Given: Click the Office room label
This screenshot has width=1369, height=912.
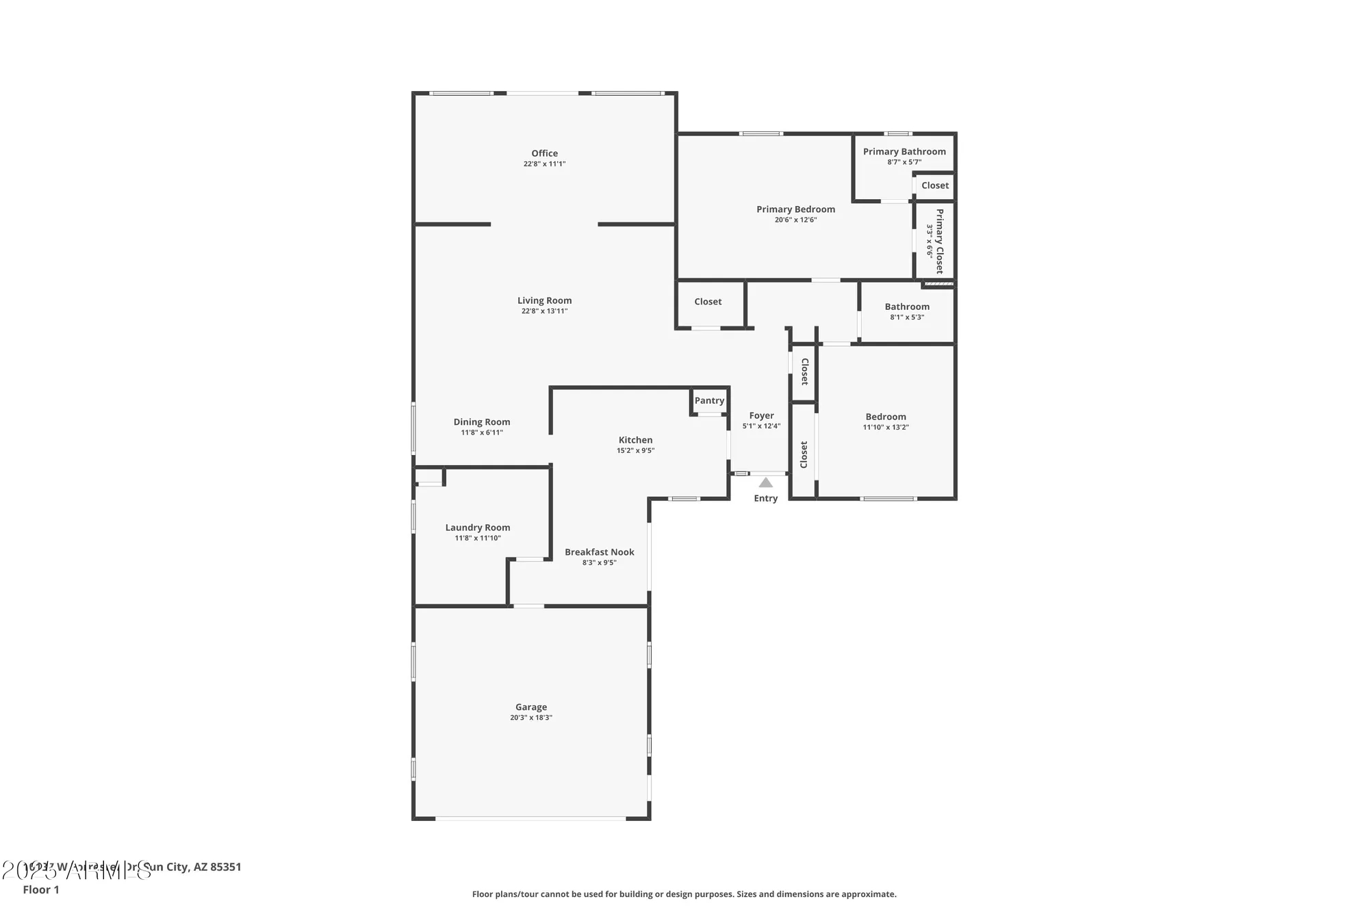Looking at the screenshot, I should (x=544, y=153).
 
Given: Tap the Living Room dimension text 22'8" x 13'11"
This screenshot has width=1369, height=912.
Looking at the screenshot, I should (x=544, y=311).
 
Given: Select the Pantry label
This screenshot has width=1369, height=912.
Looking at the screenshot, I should (x=709, y=401).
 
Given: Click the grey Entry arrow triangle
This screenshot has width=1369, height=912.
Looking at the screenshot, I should (x=765, y=483).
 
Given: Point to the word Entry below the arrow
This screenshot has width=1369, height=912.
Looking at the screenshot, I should (x=765, y=499).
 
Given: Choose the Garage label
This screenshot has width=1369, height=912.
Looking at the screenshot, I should (x=530, y=707).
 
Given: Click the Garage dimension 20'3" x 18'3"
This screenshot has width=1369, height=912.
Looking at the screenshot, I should (x=530, y=718).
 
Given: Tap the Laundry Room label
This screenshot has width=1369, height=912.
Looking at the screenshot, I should (x=477, y=527).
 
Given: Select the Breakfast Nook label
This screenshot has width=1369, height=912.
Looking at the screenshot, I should (x=599, y=552).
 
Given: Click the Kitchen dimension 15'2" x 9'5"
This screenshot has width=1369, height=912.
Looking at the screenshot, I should (x=635, y=451).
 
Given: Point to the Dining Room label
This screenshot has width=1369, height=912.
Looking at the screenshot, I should (x=481, y=422).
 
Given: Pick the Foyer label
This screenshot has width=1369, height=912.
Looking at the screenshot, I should (x=761, y=416).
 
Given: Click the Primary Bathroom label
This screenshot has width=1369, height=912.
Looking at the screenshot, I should (x=904, y=152).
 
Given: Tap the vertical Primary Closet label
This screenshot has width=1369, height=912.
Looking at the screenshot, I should (x=939, y=241).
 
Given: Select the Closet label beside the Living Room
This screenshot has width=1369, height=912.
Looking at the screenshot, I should (x=708, y=302).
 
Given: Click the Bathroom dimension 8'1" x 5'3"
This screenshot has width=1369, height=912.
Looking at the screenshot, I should (x=907, y=317).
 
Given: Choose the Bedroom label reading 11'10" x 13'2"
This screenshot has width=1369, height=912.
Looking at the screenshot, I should (x=885, y=417).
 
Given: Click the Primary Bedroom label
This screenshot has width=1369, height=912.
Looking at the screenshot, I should (x=795, y=209).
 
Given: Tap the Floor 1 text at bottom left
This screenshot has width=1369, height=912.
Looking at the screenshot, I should (x=41, y=889).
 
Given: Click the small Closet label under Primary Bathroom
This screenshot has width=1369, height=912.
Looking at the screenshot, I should (x=934, y=185).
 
